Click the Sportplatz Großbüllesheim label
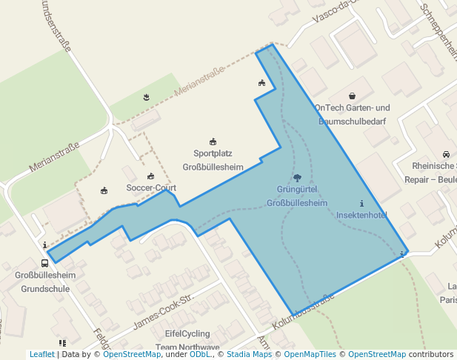pos(213,160)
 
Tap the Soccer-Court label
pos(151,187)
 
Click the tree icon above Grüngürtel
pos(297,178)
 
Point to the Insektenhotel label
pos(361,215)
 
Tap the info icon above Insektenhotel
pos(361,204)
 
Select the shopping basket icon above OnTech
pos(352,96)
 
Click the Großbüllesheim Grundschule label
pos(45,281)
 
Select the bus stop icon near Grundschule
pos(45,262)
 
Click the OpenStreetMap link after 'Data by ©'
pos(132,355)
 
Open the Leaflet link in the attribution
pos(41,355)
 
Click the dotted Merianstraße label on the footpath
pos(199,82)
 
